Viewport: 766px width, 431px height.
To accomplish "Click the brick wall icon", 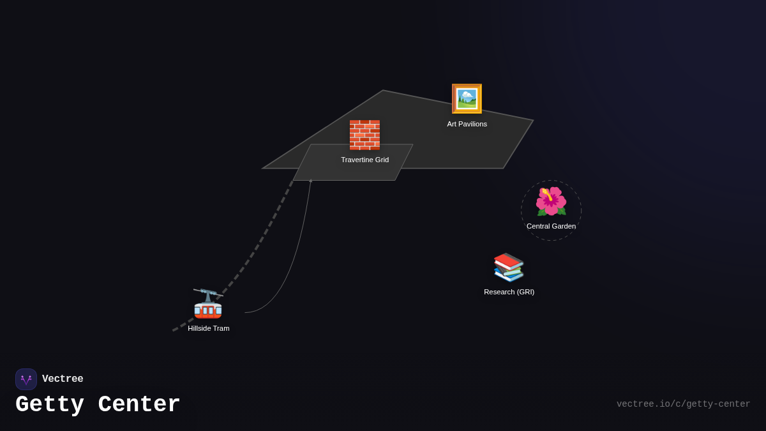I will click(364, 135).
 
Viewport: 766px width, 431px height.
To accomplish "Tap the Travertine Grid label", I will click(364, 160).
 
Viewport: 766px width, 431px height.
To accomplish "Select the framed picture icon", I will click(467, 99).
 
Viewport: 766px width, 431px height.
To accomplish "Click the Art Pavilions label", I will click(467, 124).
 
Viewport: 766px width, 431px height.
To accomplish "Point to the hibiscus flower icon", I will click(551, 202).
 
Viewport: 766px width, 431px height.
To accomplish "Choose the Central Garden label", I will click(551, 226).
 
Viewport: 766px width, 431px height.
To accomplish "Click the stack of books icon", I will click(509, 267).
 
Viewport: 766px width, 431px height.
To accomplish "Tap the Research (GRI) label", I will click(509, 292).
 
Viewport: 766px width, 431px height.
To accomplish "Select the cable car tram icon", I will click(208, 304).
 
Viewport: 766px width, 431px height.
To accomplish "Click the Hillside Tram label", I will click(208, 328).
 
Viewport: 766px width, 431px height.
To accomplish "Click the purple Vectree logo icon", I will click(26, 379).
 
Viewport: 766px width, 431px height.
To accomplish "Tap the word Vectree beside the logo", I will click(63, 379).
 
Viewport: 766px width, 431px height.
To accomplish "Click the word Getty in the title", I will click(50, 405).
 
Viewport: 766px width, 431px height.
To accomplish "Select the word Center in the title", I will click(139, 405).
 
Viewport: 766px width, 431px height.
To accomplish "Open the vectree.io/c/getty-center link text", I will click(683, 404).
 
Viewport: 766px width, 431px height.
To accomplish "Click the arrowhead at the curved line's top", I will click(311, 181).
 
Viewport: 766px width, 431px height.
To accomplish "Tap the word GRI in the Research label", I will click(525, 292).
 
